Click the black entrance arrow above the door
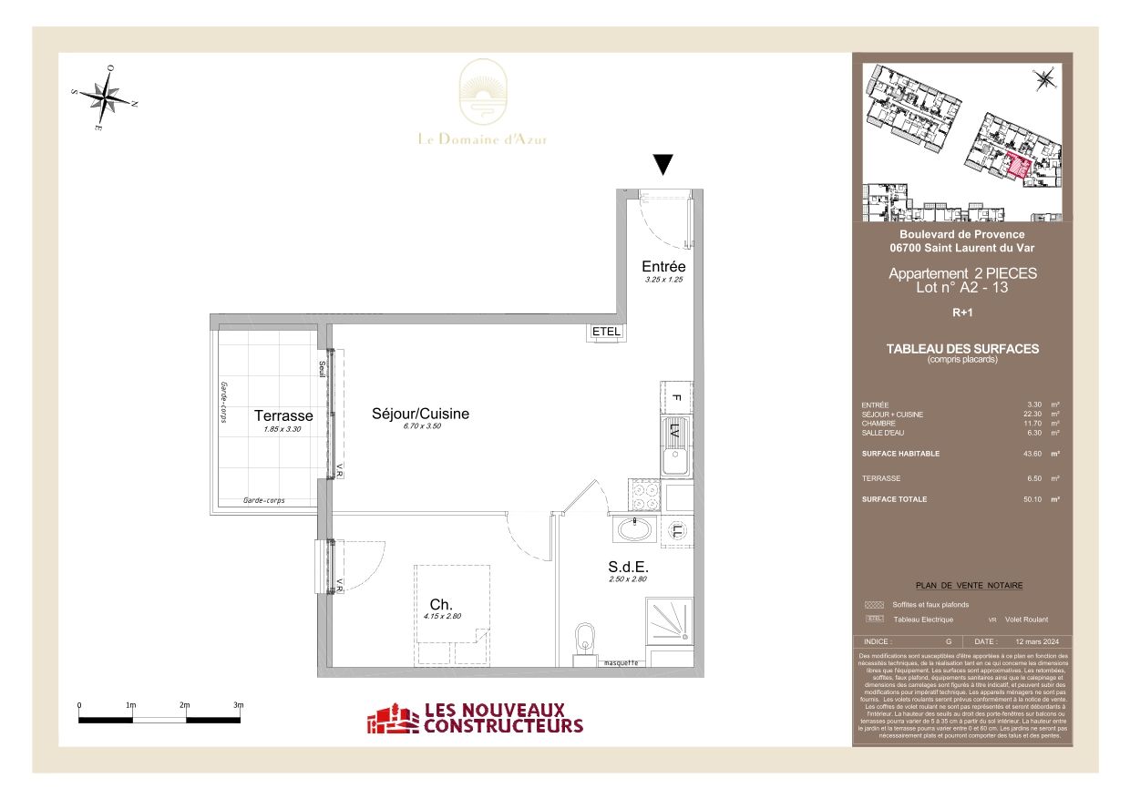coord(663,165)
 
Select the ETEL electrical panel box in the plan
coord(606,332)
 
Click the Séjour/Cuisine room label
coord(420,414)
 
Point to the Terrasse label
coord(283,416)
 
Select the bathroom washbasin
coord(632,529)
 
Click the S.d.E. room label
coord(627,565)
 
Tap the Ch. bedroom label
coord(441,603)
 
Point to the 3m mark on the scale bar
coord(239,706)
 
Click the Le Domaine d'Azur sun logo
coord(482,94)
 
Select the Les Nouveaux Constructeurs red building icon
coord(391,719)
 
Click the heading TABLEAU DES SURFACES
coord(962,349)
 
